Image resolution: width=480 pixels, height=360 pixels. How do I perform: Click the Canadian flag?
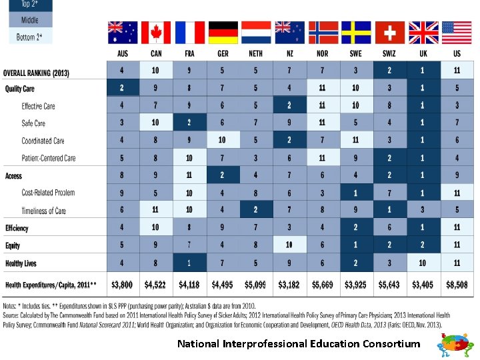tap(156, 33)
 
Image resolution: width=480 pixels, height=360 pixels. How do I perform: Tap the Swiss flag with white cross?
tap(389, 33)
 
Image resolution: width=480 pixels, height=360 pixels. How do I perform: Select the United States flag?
tap(456, 33)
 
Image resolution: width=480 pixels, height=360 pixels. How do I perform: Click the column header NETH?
tap(256, 53)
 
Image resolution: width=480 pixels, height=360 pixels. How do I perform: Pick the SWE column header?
tap(356, 53)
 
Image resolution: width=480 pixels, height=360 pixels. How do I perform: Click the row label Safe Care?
tap(33, 123)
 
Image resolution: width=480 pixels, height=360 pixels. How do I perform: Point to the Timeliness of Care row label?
tap(43, 211)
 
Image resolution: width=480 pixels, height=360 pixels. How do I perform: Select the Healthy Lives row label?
tap(21, 263)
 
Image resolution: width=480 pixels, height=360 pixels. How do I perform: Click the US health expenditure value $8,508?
tap(456, 285)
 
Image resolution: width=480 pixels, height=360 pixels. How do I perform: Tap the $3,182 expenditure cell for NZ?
tap(289, 285)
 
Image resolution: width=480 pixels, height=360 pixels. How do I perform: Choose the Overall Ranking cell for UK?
tap(423, 70)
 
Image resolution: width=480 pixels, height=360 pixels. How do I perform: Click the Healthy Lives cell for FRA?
tap(189, 263)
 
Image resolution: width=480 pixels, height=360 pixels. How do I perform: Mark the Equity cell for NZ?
tap(289, 245)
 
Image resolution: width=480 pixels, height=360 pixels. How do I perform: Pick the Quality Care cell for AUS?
tap(123, 88)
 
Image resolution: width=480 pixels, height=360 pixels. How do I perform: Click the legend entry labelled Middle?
tap(29, 20)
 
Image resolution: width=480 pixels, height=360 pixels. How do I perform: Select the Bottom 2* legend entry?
tap(29, 37)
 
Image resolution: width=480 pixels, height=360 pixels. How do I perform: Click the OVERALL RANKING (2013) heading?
tap(36, 73)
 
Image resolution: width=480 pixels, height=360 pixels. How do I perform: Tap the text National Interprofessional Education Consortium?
tap(299, 344)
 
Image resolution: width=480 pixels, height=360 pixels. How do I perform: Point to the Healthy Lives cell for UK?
tap(423, 263)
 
